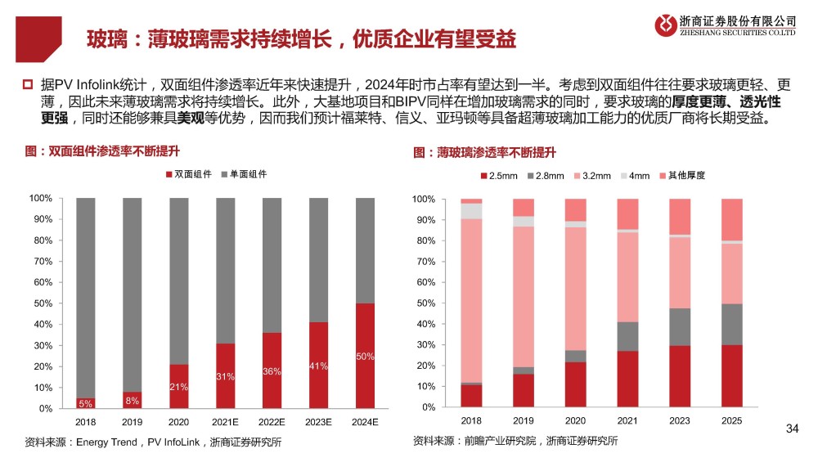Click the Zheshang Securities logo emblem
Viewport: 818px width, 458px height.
click(667, 25)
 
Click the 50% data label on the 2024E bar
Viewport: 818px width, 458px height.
click(365, 356)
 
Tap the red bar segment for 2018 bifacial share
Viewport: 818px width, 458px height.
click(85, 402)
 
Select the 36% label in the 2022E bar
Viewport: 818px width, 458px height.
click(272, 371)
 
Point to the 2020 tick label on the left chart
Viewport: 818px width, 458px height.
click(178, 423)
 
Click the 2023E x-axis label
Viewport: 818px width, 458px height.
click(318, 423)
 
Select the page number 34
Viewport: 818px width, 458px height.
click(791, 428)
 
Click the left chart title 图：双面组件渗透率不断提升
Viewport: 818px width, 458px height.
click(102, 151)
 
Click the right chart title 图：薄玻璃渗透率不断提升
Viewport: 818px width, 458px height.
click(484, 152)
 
